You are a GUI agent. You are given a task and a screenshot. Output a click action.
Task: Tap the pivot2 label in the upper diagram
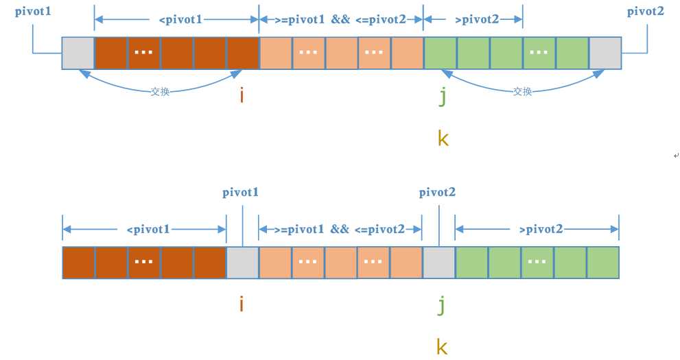[645, 11]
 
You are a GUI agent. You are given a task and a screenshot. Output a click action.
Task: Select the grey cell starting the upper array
[78, 53]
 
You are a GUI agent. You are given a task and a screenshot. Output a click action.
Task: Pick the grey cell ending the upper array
[605, 53]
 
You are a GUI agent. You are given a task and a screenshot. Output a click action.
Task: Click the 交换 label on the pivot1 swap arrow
[160, 91]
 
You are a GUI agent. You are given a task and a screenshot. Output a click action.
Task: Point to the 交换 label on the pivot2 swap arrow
[522, 91]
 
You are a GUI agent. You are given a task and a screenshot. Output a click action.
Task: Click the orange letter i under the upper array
[242, 96]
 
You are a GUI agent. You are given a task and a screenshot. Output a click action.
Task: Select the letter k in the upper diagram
[443, 139]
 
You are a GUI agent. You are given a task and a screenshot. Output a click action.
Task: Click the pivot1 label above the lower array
[241, 193]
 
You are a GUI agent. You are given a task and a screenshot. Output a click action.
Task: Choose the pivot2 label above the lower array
[437, 193]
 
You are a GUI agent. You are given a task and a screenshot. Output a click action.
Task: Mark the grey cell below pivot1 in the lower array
[242, 263]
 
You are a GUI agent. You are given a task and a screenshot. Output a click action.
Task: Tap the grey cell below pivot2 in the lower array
[438, 263]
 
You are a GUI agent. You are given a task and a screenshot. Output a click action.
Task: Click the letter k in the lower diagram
[443, 346]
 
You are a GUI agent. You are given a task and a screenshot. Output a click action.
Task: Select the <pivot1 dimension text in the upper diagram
[180, 19]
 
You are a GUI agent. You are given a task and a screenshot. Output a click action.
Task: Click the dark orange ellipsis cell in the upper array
[143, 53]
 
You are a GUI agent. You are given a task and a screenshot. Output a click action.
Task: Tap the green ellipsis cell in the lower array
[537, 263]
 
